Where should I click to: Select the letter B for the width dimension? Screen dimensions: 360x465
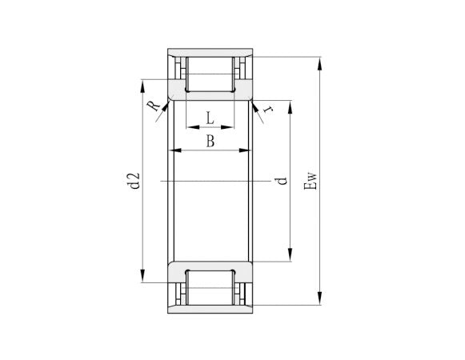pyautogui.click(x=210, y=142)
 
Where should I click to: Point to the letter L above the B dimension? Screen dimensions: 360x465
pyautogui.click(x=210, y=118)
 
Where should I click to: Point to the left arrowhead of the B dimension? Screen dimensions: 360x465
pyautogui.click(x=178, y=150)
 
